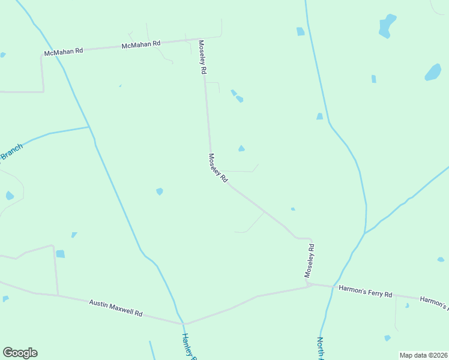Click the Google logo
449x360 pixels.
pyautogui.click(x=20, y=353)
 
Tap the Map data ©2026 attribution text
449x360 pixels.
pyautogui.click(x=423, y=355)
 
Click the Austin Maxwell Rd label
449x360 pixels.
pyautogui.click(x=116, y=308)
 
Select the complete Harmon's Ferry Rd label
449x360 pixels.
pyautogui.click(x=365, y=292)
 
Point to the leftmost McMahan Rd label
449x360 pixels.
pyautogui.click(x=62, y=52)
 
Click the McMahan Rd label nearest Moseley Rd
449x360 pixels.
pyautogui.click(x=141, y=44)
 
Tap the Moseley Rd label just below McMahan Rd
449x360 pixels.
pyautogui.click(x=203, y=57)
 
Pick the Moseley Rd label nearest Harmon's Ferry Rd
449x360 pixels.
pyautogui.click(x=310, y=259)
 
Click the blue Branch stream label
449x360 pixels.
pyautogui.click(x=11, y=152)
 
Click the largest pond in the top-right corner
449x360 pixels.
pyautogui.click(x=387, y=26)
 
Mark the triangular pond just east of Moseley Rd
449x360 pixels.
pyautogui.click(x=241, y=148)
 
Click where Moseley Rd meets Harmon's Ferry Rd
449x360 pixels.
pyautogui.click(x=309, y=285)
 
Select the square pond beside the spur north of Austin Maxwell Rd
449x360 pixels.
pyautogui.click(x=60, y=254)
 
